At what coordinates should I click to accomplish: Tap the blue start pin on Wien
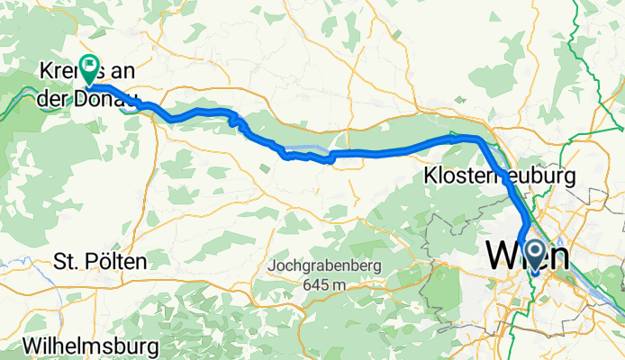point(533,256)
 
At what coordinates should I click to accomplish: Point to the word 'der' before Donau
point(54,99)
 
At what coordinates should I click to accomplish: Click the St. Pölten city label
point(99,261)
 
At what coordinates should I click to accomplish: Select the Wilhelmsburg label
point(92,346)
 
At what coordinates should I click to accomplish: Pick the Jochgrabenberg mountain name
point(324,267)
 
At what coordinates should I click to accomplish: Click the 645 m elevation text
point(324,284)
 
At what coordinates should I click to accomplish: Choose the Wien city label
point(528,256)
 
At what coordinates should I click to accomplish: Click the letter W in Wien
point(502,256)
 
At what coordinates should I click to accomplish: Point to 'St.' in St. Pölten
point(66,261)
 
